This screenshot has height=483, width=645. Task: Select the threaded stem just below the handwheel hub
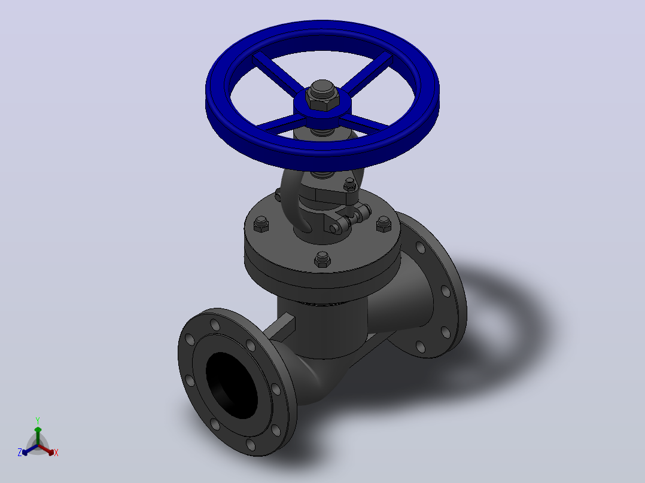(x=322, y=132)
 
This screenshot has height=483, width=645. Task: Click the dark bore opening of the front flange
(x=232, y=386)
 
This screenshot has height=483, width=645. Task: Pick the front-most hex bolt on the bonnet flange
(x=322, y=260)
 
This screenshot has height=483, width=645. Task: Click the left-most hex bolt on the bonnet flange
(x=261, y=224)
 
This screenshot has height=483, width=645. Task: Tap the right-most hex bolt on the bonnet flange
(x=384, y=224)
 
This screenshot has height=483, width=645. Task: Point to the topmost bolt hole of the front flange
(x=215, y=325)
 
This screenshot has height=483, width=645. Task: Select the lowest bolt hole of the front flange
(x=251, y=444)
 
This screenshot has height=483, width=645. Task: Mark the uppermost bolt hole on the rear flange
(x=421, y=247)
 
